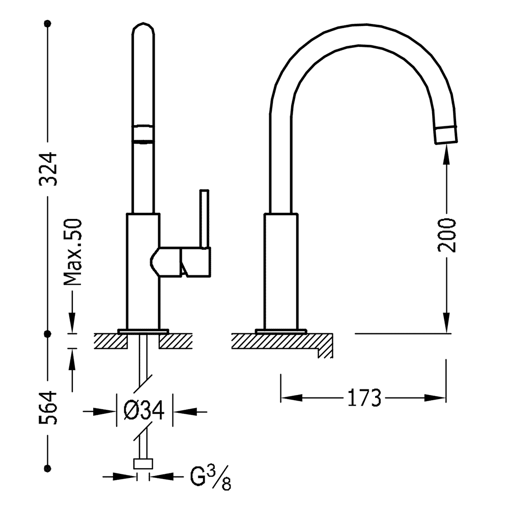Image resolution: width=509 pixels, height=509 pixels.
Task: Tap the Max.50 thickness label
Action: tap(72, 252)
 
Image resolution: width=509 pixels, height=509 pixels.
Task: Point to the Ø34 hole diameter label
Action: tap(144, 411)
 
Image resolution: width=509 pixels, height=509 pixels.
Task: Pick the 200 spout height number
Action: tap(447, 235)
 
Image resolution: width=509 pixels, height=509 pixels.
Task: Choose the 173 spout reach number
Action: tap(364, 398)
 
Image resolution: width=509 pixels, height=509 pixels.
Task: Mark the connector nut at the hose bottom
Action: tap(143, 464)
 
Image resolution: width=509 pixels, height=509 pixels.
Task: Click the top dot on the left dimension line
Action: tap(48, 23)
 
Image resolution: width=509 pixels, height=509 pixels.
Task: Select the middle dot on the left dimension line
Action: tap(48, 333)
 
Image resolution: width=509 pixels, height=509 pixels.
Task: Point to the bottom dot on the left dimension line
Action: tap(48, 468)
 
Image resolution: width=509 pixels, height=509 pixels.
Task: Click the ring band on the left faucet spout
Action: tap(143, 133)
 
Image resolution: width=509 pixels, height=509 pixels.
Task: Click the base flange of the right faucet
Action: tap(281, 331)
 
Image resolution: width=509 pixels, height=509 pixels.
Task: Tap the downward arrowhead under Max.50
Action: tap(72, 322)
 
